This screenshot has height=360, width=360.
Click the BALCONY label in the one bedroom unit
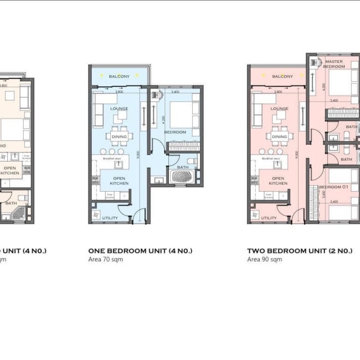click(119, 76)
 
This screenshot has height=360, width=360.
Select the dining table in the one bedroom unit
click(119, 136)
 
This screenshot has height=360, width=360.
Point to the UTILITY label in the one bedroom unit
click(109, 218)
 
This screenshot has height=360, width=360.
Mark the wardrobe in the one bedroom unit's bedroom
click(183, 146)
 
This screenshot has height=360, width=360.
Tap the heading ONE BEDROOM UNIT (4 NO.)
click(140, 251)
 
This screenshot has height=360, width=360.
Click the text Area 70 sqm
click(105, 259)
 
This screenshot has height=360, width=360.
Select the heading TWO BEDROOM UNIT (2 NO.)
click(300, 251)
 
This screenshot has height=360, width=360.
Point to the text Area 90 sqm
click(264, 259)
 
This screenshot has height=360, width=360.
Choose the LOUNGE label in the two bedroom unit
click(279, 109)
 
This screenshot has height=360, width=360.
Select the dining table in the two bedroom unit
click(279, 136)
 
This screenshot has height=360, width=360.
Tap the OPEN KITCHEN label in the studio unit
click(10, 170)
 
